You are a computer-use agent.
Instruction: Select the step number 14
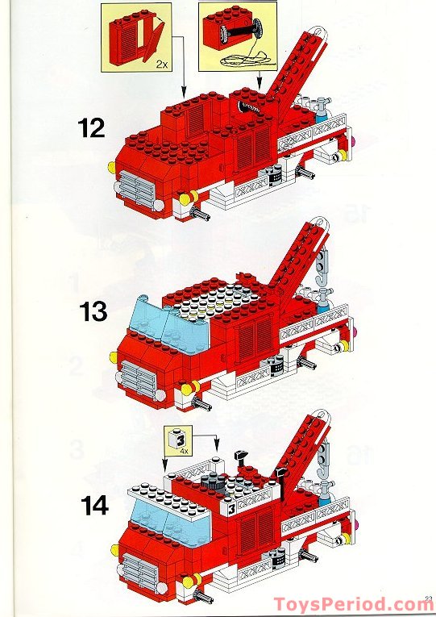pos(94,506)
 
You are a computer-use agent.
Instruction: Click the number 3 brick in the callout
pos(175,440)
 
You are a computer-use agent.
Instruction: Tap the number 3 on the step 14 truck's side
pos(230,509)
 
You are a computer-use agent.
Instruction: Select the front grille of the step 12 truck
pos(137,192)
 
